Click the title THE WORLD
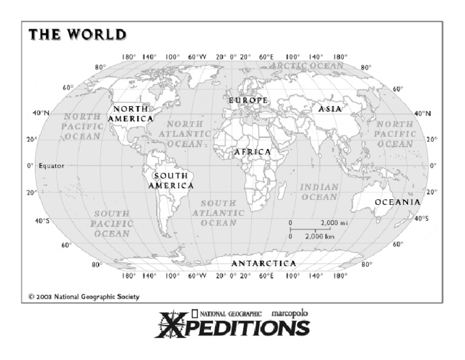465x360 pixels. pyautogui.click(x=77, y=35)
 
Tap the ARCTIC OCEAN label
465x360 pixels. pyautogui.click(x=307, y=65)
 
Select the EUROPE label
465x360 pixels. pyautogui.click(x=248, y=100)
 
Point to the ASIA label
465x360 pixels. pyautogui.click(x=330, y=109)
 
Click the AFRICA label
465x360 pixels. pyautogui.click(x=252, y=152)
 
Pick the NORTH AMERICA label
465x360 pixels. pyautogui.click(x=130, y=114)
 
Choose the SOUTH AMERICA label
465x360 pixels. pyautogui.click(x=171, y=181)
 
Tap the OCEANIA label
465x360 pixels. pyautogui.click(x=397, y=202)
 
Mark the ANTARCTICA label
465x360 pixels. pyautogui.click(x=264, y=264)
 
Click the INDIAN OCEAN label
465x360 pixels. pyautogui.click(x=319, y=192)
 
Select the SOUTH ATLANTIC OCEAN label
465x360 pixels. pyautogui.click(x=219, y=213)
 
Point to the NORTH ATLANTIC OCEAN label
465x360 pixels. pyautogui.click(x=185, y=133)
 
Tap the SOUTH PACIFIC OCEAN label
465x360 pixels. pyautogui.click(x=111, y=223)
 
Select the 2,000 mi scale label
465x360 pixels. pyautogui.click(x=334, y=222)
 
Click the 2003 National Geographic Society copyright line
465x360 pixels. pyautogui.click(x=84, y=297)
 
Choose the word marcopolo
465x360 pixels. pyautogui.click(x=290, y=313)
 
